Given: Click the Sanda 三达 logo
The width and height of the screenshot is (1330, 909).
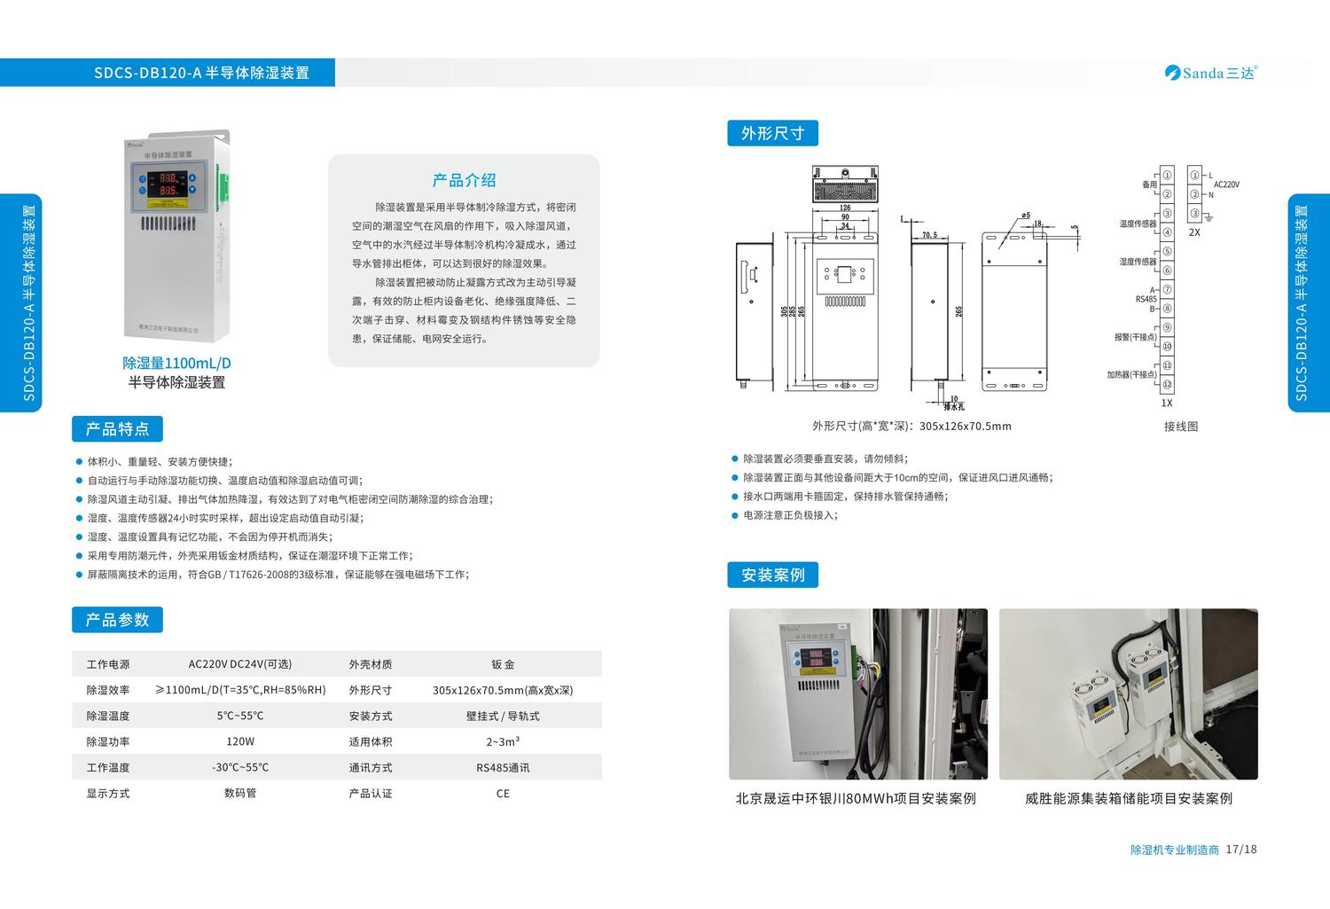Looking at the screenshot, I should [1211, 73].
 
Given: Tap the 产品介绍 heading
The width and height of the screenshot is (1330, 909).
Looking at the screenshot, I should [464, 181].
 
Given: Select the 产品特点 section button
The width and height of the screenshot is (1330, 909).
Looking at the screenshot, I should [117, 429].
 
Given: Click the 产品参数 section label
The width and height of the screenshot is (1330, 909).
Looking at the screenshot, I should [117, 620].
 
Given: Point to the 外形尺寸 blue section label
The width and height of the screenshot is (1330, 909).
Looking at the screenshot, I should [772, 133].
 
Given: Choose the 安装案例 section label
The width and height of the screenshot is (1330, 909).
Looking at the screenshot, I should [772, 575].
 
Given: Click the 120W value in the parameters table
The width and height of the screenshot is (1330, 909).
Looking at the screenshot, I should [239, 741].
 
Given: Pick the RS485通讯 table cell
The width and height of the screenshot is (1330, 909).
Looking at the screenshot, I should [503, 768].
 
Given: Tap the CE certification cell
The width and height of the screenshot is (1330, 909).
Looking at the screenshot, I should [503, 794].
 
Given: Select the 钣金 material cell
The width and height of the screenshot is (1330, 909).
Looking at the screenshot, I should [503, 664].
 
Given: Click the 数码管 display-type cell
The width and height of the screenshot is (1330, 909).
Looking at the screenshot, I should [239, 794].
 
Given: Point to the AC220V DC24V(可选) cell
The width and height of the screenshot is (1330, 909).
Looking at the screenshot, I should [239, 664].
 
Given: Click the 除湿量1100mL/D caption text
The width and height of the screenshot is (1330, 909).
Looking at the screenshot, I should [176, 364].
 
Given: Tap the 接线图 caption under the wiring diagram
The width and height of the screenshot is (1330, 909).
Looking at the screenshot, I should [1181, 427].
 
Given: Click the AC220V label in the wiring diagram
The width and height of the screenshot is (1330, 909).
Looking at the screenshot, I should [1226, 184].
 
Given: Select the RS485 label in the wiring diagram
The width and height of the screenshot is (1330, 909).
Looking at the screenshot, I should [1146, 299].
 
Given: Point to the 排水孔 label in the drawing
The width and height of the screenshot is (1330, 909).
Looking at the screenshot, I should [953, 406].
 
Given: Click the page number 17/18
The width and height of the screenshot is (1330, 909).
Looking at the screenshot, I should [1240, 850].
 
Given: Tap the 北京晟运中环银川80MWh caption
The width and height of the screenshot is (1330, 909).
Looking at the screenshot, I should [856, 798].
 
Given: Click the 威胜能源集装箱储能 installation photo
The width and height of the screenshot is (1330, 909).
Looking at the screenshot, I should [1128, 694].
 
